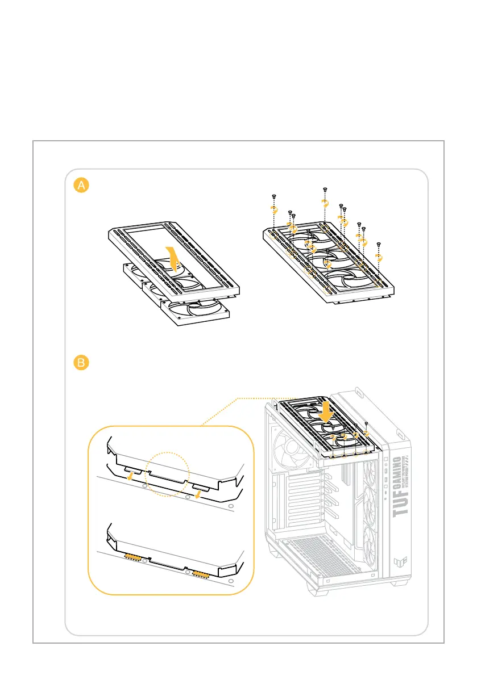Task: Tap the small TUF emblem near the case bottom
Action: click(x=397, y=562)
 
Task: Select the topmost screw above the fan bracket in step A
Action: click(x=325, y=188)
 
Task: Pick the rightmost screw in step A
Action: click(x=379, y=243)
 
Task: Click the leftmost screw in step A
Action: click(x=274, y=195)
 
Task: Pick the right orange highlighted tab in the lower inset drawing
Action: click(x=200, y=574)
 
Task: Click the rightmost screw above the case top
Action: click(x=367, y=424)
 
